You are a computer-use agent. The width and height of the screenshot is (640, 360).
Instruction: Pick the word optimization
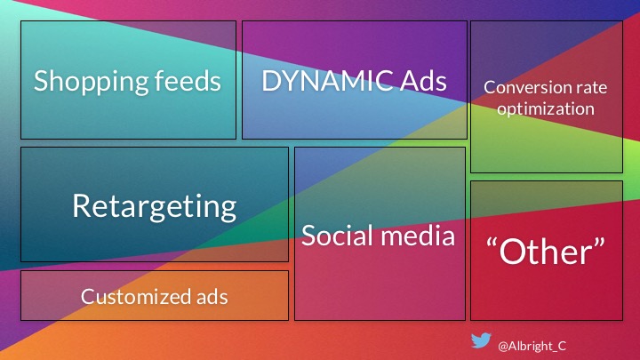coord(546,109)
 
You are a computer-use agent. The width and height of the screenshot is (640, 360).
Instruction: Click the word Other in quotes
coord(546,252)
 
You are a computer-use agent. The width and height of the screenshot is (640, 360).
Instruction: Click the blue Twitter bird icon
coord(481,340)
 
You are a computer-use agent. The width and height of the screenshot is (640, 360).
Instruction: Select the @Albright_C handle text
coord(532,346)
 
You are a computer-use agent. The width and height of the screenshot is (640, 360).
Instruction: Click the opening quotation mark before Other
coord(492,244)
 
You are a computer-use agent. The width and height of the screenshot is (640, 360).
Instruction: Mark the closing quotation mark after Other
coord(600,244)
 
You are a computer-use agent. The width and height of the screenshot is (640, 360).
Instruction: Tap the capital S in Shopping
coord(41,81)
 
